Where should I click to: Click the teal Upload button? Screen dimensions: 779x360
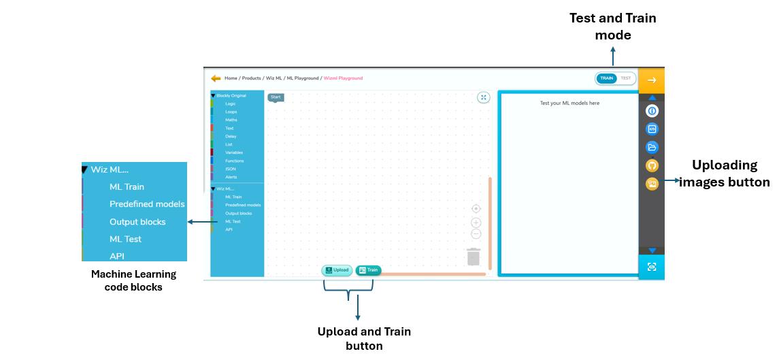[337, 270]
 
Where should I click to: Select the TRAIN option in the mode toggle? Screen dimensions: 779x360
[606, 78]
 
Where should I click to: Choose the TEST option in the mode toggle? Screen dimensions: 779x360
[625, 78]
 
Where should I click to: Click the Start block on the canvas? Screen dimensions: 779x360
[276, 97]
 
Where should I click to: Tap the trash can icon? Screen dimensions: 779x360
[474, 257]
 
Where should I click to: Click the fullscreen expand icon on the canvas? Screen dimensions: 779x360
[483, 97]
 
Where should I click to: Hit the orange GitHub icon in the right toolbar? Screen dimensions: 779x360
[652, 165]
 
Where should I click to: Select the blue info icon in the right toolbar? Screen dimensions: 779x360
[652, 110]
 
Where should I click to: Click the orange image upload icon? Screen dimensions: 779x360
[652, 184]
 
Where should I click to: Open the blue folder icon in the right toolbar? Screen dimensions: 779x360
[652, 147]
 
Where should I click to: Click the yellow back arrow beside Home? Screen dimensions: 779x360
[216, 78]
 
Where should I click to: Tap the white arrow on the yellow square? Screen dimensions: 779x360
[652, 80]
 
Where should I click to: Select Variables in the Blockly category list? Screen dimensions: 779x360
[234, 152]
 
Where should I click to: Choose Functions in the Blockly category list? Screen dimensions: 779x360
[235, 161]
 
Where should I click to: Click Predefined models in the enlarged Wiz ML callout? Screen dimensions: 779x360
[147, 204]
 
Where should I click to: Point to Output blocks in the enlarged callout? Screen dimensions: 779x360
[137, 222]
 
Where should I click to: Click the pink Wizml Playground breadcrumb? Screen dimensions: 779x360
[343, 78]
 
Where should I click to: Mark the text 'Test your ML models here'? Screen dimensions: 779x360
[569, 103]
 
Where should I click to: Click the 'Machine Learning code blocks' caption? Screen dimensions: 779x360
[133, 280]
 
